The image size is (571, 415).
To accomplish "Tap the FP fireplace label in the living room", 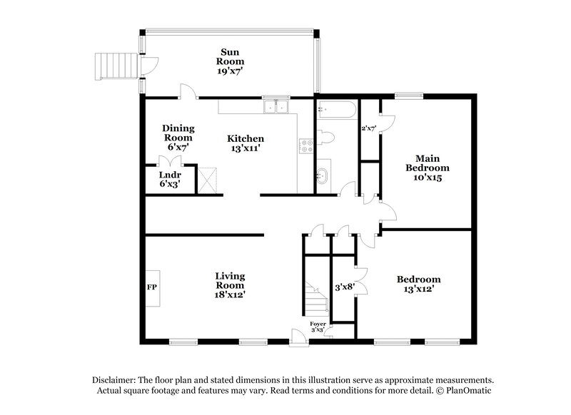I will [151, 287].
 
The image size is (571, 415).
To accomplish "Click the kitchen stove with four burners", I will [306, 146].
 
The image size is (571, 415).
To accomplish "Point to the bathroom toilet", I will [325, 138].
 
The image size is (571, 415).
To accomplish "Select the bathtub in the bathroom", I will [335, 110].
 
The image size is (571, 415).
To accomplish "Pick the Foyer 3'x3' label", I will [318, 327].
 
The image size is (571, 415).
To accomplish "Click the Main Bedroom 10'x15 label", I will [428, 168].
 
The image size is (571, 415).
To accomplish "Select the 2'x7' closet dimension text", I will [368, 128].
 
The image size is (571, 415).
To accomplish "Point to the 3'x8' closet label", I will [345, 287].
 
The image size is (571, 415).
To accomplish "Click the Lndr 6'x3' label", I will [170, 179].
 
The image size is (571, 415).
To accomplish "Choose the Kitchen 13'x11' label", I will [246, 143].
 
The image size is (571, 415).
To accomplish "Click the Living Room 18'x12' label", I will [231, 285].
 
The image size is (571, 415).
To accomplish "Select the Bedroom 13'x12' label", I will [418, 284].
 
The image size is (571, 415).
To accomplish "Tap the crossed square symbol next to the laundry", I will [208, 178].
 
